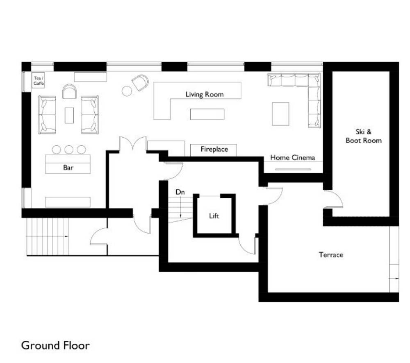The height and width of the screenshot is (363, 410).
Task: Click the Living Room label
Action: pos(205,94)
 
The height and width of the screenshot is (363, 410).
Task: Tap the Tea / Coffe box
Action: pos(38,80)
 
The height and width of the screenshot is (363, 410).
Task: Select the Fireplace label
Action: pos(214,149)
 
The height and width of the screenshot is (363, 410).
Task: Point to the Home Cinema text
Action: pos(292,158)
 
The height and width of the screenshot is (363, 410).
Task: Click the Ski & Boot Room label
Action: pos(363,136)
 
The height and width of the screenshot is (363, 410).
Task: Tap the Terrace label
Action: pos(331,255)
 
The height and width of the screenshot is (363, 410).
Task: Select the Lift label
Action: pos(214,216)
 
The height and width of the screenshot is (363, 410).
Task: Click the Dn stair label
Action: pos(180,192)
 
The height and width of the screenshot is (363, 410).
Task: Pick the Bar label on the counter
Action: pos(68,168)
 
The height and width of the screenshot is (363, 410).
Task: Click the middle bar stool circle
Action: pos(69,150)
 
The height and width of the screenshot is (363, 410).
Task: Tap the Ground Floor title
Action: pos(55,345)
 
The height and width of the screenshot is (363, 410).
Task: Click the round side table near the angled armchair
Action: pos(127,91)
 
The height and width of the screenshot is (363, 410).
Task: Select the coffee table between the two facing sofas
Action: pos(69,115)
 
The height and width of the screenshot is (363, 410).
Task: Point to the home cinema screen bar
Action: pos(293,169)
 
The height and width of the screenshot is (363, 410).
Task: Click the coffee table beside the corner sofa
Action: pos(280,114)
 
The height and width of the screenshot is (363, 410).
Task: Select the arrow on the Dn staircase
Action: pos(180,207)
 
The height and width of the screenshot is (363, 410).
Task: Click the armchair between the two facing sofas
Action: pos(69,91)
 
